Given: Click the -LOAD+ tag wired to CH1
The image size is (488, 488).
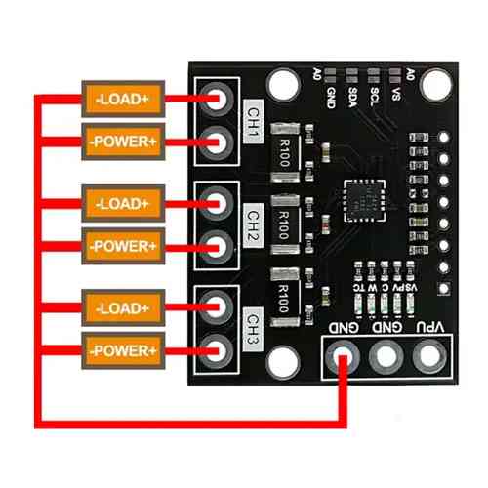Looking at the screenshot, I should [122, 100].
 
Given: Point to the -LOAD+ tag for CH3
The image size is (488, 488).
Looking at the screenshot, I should [122, 308].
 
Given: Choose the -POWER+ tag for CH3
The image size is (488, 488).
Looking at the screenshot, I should [122, 348].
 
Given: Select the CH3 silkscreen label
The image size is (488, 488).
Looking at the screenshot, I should [252, 322].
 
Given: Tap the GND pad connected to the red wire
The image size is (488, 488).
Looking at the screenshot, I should [343, 358].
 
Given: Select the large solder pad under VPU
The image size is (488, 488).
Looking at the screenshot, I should [427, 358].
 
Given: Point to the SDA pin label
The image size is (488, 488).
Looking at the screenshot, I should [352, 96].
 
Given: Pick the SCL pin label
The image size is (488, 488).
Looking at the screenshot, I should [374, 96].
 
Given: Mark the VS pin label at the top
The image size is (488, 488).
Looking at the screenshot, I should [395, 94].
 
